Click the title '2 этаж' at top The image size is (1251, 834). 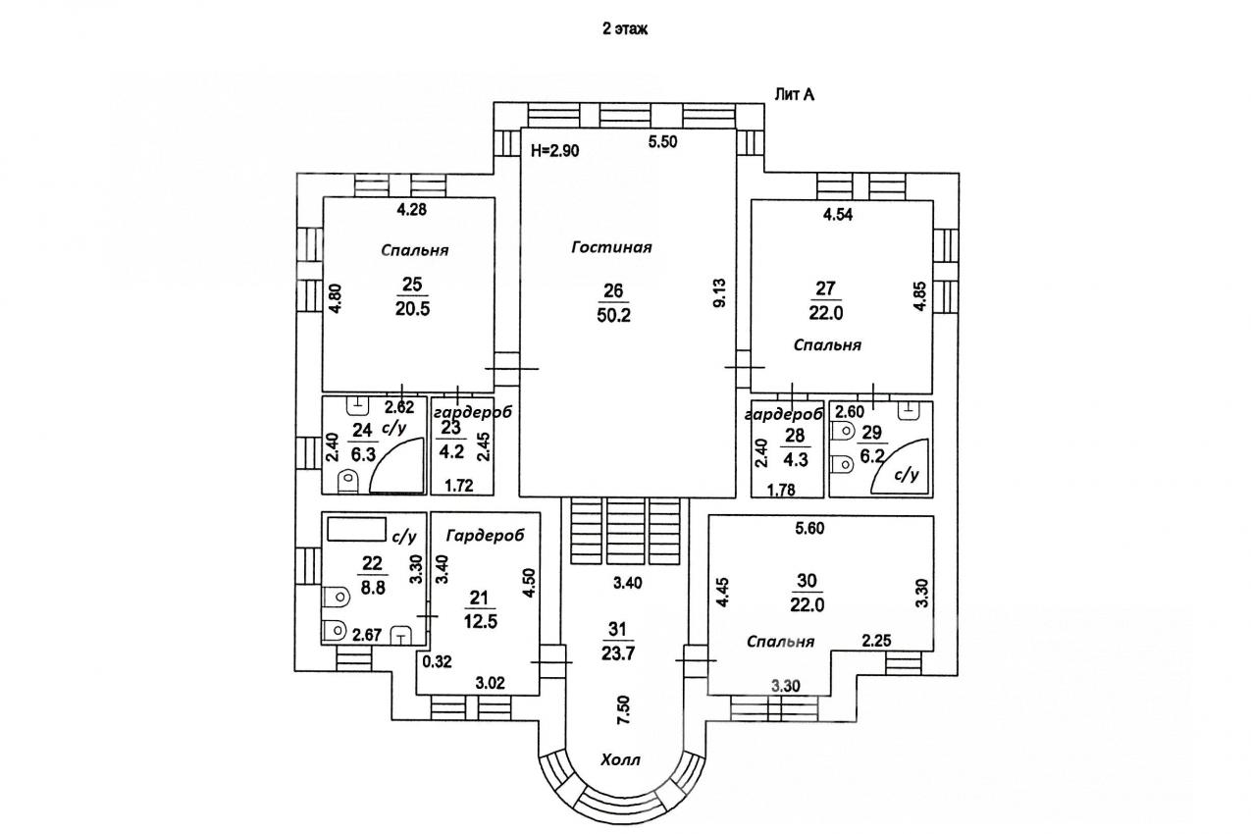click(625, 29)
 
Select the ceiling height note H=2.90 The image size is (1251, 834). click(556, 151)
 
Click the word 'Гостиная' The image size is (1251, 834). click(611, 247)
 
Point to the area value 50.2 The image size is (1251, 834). click(614, 313)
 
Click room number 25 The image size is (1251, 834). click(412, 285)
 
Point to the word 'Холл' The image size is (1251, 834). click(621, 759)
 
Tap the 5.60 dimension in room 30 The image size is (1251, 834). click(810, 530)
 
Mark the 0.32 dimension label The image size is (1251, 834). click(436, 660)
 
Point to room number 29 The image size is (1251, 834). click(871, 433)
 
